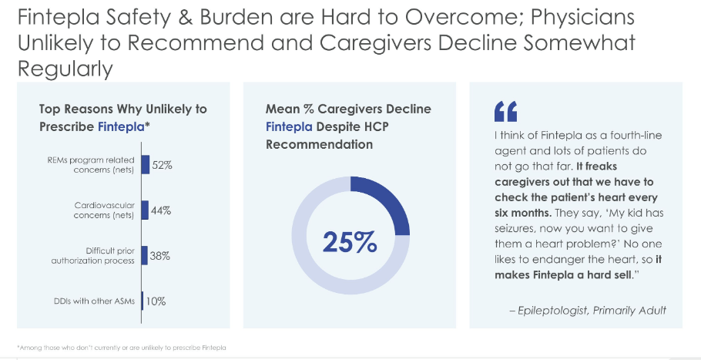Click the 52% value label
[162, 165]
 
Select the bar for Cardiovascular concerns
[144, 210]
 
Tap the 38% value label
[160, 256]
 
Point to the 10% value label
[156, 301]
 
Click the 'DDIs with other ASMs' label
[97, 301]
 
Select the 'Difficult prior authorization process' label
[99, 256]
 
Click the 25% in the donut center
[350, 241]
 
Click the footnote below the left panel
[121, 348]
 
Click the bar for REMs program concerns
[146, 165]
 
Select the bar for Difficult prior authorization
[144, 256]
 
